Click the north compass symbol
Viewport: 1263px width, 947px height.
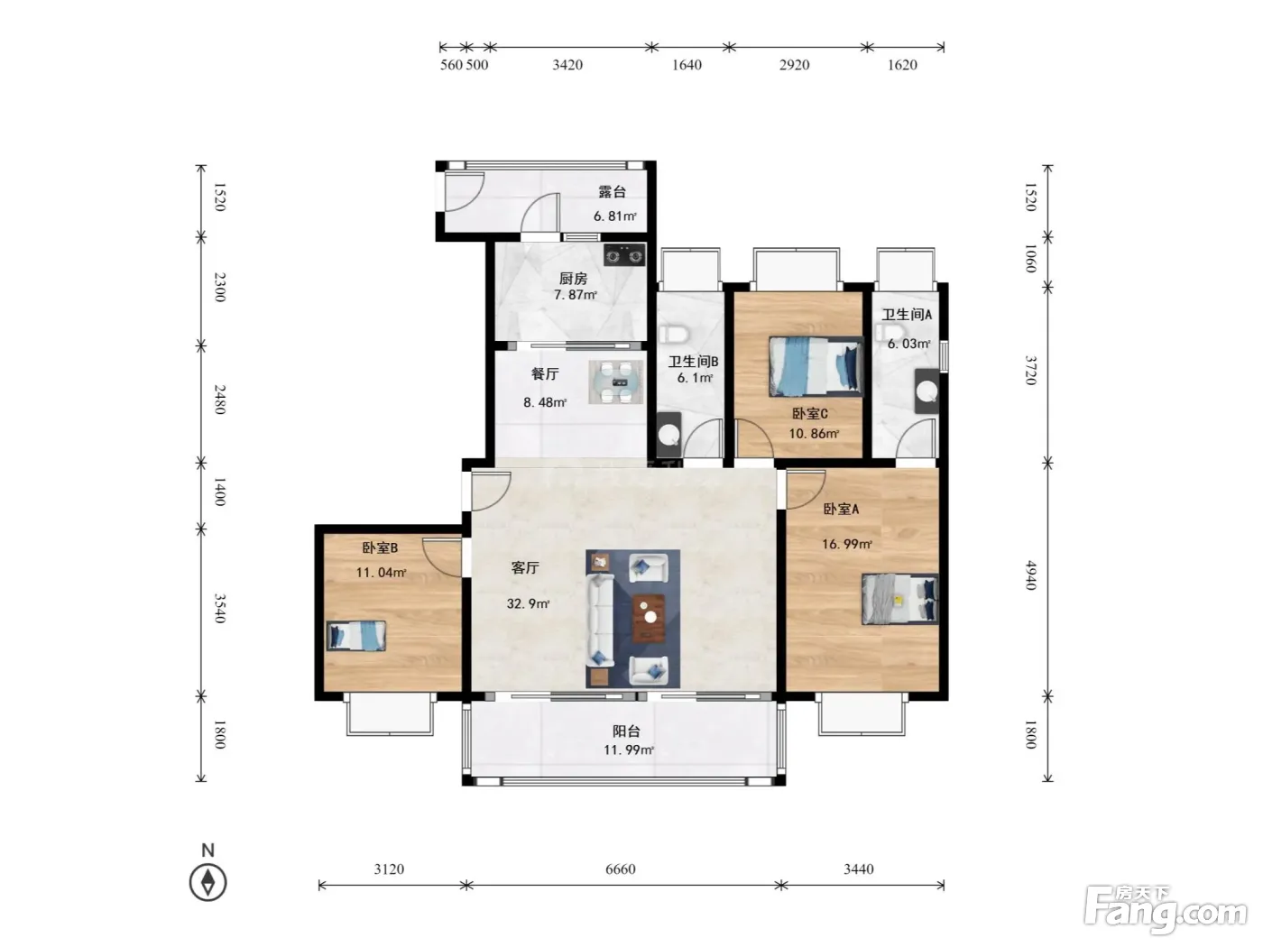(x=207, y=881)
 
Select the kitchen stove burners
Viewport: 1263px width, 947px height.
(x=624, y=254)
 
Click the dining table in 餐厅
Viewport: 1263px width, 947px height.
(x=615, y=382)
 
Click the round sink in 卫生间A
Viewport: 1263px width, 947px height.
(x=927, y=391)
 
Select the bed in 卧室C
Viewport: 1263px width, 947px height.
(x=816, y=366)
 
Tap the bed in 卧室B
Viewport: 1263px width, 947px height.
(x=356, y=635)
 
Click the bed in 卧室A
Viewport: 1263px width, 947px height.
(x=900, y=599)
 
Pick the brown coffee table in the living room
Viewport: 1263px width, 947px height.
(x=649, y=618)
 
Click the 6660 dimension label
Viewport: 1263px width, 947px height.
(x=621, y=869)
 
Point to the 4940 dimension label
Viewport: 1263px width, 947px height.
(x=1030, y=575)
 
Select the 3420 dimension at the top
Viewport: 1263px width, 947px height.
(x=567, y=65)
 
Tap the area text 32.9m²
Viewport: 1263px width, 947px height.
(x=528, y=603)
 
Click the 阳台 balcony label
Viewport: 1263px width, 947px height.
(x=626, y=731)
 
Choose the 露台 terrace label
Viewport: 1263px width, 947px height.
(x=613, y=191)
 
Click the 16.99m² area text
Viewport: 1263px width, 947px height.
(x=846, y=544)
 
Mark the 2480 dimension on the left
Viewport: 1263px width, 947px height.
(x=220, y=400)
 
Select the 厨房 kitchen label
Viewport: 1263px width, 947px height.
(x=573, y=279)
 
